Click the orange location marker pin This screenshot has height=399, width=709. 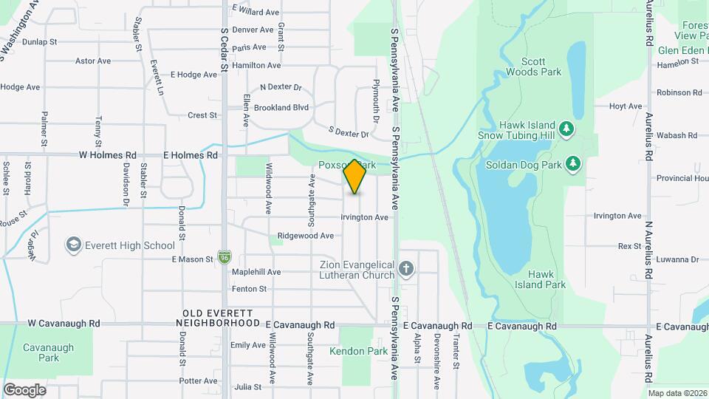[354, 176]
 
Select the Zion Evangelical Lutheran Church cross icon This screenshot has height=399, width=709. [405, 269]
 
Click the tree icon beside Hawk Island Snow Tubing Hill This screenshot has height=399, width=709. [566, 130]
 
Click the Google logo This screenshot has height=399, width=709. [24, 390]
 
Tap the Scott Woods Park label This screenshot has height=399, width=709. [533, 66]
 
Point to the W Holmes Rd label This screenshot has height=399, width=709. [109, 156]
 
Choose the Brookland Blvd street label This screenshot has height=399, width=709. [281, 107]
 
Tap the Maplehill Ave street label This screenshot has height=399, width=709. [256, 272]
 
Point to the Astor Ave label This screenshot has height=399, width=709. [93, 61]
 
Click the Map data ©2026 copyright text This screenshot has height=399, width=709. [677, 393]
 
